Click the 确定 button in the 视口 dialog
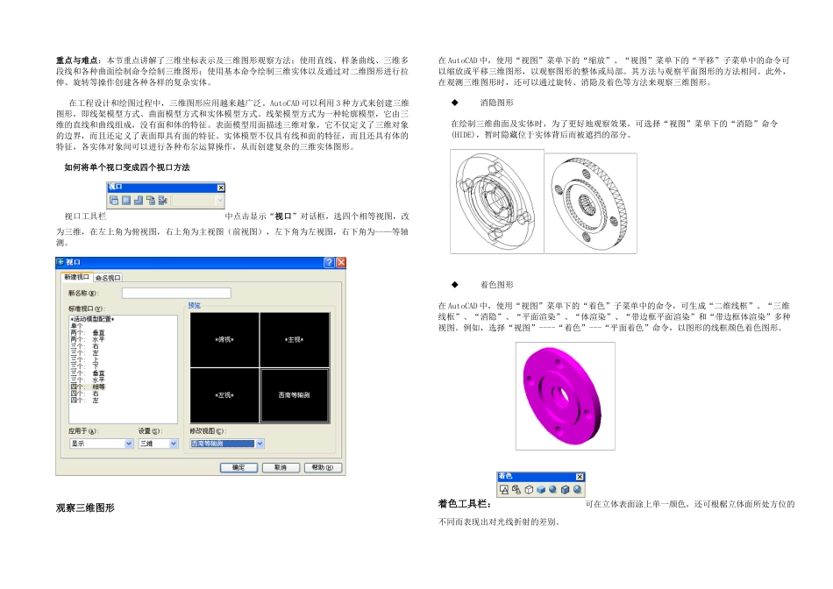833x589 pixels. [239, 467]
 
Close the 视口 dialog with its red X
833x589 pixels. [341, 263]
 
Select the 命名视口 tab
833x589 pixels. [109, 277]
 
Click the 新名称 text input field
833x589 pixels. [175, 293]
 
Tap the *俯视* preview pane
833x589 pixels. [224, 338]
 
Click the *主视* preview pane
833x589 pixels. [294, 338]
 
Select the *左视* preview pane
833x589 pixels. [224, 394]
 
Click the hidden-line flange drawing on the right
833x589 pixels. [589, 203]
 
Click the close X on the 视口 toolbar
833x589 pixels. [221, 188]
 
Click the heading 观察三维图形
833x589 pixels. [85, 507]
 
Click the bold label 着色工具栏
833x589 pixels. [464, 504]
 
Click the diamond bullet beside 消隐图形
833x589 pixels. [454, 102]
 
